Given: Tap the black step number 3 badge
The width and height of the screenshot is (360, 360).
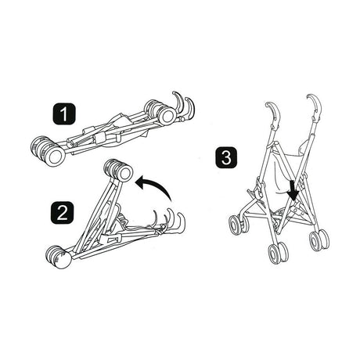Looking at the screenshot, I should tap(226, 157).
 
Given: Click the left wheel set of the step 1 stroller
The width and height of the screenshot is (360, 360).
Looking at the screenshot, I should tap(48, 150).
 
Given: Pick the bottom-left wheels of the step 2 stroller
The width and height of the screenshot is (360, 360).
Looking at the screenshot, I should tap(58, 257).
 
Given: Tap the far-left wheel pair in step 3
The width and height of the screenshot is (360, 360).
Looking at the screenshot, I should tap(238, 225).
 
